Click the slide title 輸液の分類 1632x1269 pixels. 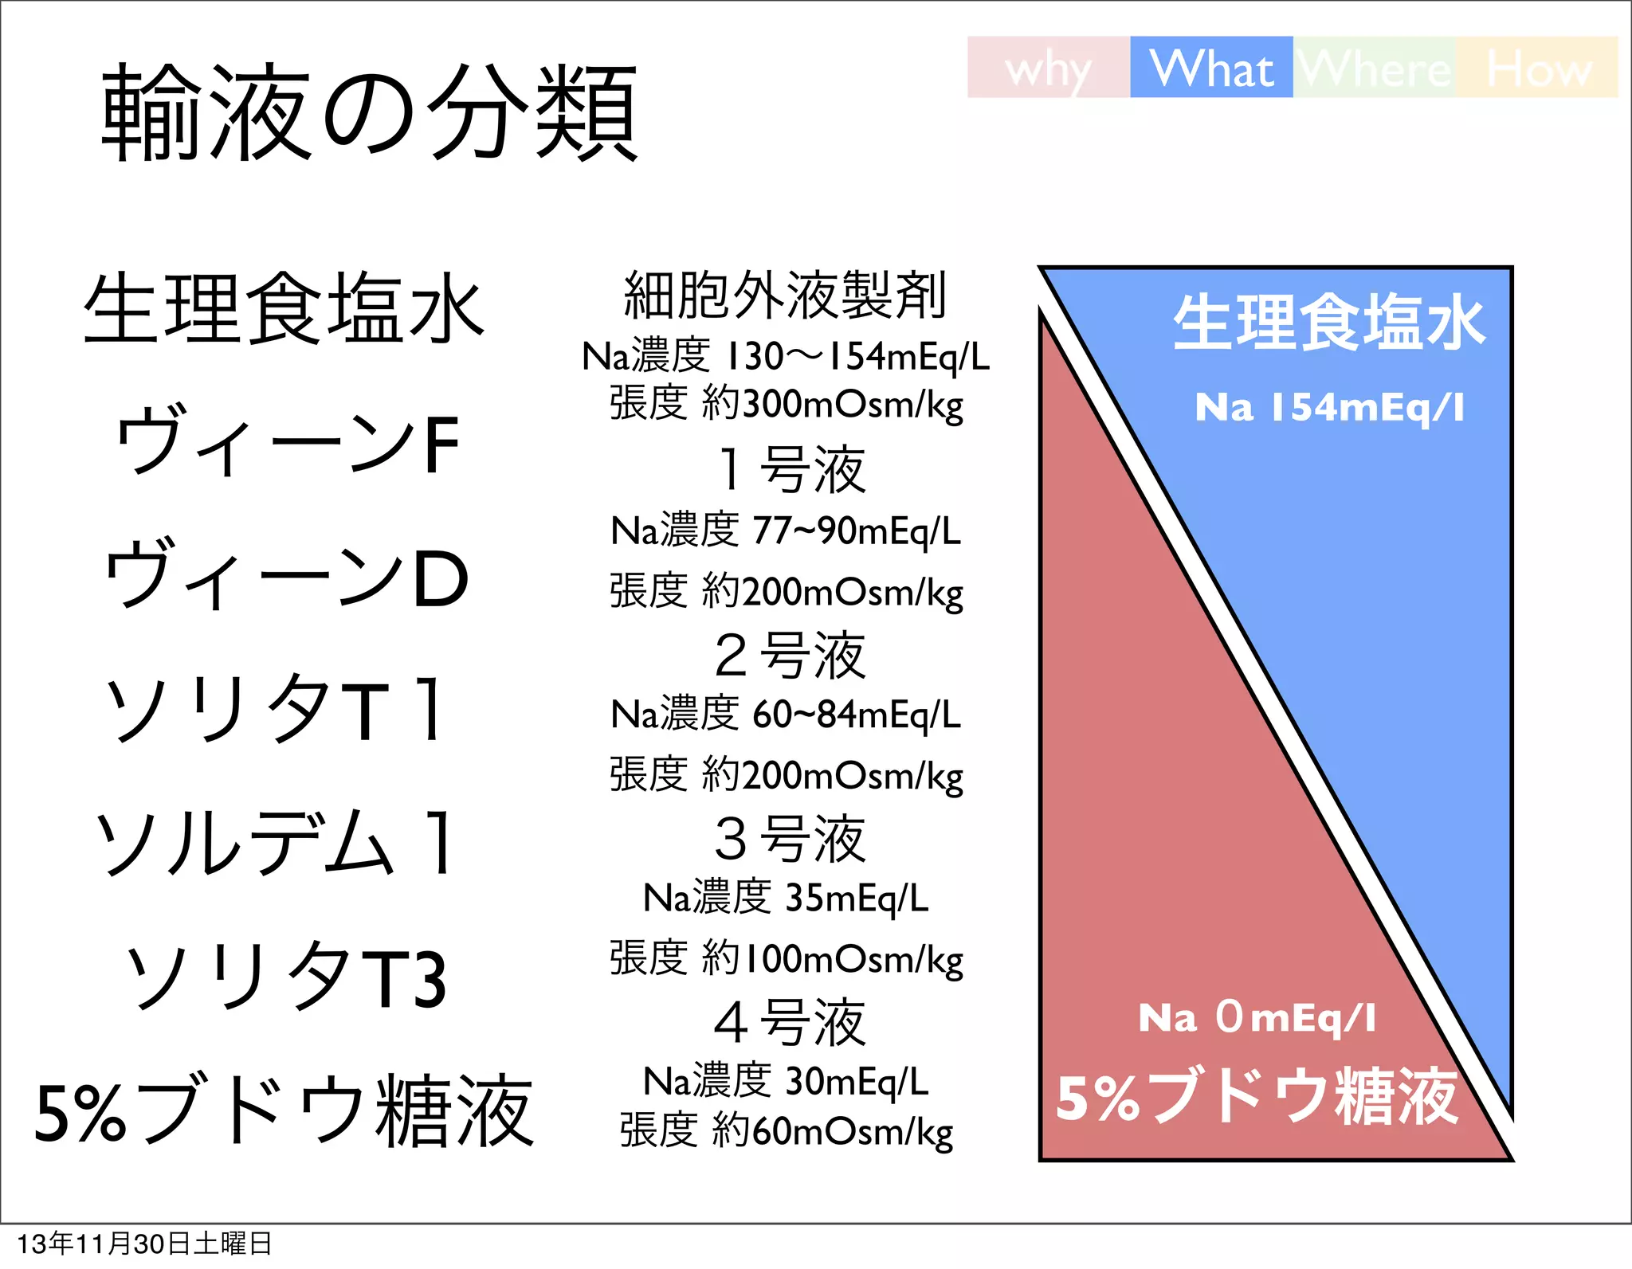coord(369,112)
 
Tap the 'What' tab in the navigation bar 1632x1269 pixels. coord(1211,68)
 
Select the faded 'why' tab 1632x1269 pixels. coord(1048,69)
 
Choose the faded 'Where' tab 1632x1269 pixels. coord(1375,69)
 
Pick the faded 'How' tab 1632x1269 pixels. coord(1538,69)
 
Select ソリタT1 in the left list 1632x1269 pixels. coord(275,709)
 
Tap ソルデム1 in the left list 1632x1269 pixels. coord(275,843)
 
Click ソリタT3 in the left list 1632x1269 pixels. coord(287,977)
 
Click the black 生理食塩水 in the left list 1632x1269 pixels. coord(284,309)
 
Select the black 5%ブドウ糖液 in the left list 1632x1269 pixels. coord(284,1110)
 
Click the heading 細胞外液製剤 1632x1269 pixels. coord(785,295)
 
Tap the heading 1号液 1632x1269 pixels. coord(790,470)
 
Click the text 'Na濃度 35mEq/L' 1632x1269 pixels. coord(786,899)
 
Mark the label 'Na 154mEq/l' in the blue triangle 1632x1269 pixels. coord(1329,408)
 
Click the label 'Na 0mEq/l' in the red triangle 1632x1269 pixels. coord(1257,1018)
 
